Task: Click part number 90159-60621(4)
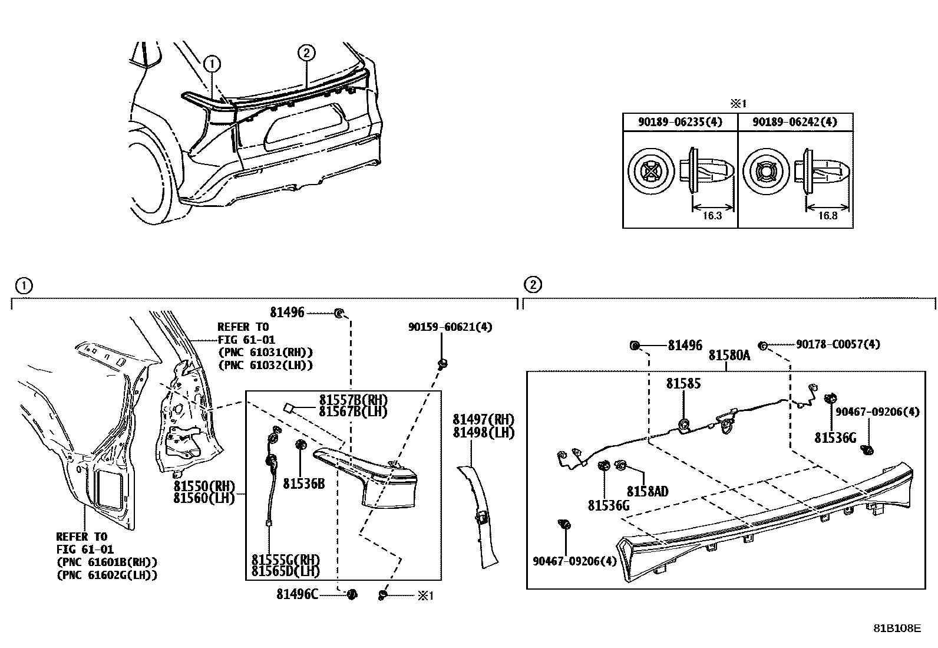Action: click(450, 326)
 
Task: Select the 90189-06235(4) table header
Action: click(680, 122)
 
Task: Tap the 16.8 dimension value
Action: click(827, 216)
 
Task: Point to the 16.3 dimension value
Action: click(712, 216)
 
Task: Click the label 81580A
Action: click(729, 356)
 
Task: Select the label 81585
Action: click(683, 383)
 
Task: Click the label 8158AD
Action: click(647, 491)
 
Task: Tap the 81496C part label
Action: click(297, 594)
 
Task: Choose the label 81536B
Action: click(303, 483)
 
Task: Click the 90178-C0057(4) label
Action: click(838, 344)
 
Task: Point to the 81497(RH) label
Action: click(483, 420)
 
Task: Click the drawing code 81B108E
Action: click(897, 628)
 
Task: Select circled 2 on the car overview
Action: click(306, 53)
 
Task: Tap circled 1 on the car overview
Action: click(212, 63)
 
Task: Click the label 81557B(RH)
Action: click(353, 400)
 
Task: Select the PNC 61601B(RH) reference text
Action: click(107, 562)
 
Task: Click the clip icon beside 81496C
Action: click(352, 594)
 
